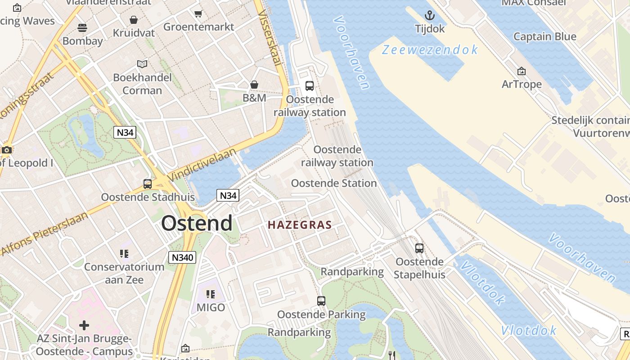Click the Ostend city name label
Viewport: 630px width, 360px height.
197,223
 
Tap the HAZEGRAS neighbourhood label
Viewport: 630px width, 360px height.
300,225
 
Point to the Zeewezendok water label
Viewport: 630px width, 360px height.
430,49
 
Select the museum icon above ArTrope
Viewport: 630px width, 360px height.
522,71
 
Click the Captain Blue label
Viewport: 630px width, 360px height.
544,37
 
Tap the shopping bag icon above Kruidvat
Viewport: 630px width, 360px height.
134,20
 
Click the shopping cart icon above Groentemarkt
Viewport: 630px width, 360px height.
198,13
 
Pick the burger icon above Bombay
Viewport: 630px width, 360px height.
82,28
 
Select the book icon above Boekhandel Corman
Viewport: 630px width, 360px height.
142,64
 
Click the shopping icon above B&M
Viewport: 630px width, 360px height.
254,85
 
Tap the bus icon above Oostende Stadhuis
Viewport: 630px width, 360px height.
148,184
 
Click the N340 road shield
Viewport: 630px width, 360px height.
182,257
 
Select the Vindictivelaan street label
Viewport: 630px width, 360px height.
202,165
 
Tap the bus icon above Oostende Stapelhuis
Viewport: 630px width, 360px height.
419,248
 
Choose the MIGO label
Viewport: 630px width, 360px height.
211,308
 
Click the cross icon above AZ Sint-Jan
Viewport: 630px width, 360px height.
84,325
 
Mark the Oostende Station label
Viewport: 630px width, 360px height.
334,183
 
